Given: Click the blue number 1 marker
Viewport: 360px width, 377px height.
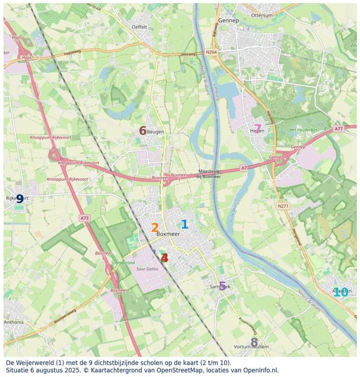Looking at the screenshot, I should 184,224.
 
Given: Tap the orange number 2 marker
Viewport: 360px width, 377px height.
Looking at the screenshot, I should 154,228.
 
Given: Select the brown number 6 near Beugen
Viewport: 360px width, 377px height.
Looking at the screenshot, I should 143,131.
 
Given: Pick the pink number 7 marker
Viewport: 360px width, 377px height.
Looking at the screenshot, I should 257,129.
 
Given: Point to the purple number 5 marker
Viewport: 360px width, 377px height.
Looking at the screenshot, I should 222,286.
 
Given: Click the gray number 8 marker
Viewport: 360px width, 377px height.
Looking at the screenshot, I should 254,342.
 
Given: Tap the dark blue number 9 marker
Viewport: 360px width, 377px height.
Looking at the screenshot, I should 20,199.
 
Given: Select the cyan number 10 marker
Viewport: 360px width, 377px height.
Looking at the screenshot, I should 340,292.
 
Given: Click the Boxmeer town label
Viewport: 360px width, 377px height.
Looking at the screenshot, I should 168,235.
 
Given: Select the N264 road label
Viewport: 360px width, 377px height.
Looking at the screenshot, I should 211,52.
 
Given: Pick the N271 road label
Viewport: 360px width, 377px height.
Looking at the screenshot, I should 282,206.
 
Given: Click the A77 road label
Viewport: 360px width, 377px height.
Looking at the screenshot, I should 338,129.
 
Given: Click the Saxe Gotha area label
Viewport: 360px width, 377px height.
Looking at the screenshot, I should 147,269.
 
